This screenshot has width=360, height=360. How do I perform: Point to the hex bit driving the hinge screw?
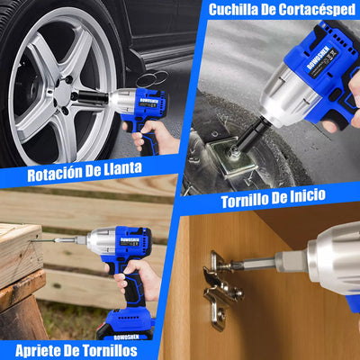[256, 265]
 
